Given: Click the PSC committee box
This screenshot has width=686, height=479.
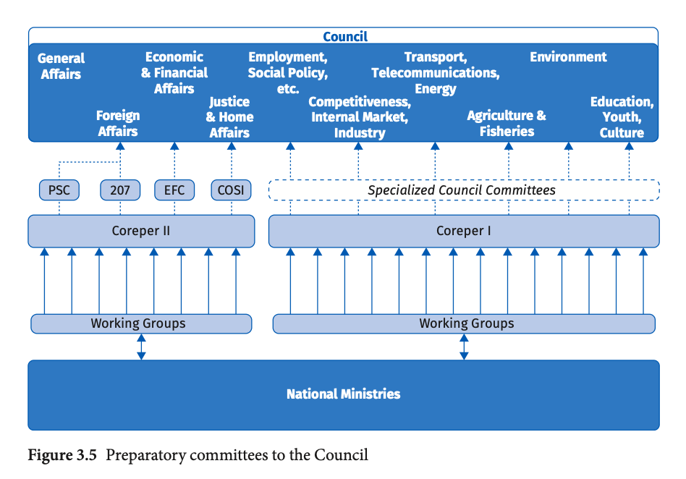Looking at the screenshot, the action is pos(59,190).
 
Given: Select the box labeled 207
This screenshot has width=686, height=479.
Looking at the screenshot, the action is pos(120,190).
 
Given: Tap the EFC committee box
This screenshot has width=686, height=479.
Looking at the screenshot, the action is pos(174,190).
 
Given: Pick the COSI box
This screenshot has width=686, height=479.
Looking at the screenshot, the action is pos(231,190).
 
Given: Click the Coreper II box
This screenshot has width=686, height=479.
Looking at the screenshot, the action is pos(141,231).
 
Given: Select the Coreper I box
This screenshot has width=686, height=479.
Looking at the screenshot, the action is pos(464,231).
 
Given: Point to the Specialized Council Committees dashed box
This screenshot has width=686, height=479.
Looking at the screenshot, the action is pos(464,190).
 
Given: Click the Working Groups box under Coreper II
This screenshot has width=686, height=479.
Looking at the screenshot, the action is pos(141,323).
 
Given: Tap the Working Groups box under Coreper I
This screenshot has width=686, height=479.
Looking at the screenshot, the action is pos(464,323).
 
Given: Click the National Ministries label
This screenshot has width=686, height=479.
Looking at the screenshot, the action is pos(344,394).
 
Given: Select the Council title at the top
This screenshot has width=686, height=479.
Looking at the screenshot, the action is pos(345,36).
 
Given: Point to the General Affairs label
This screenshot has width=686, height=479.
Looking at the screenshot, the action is pos(61,66).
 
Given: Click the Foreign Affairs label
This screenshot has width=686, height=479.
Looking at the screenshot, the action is pos(118,123).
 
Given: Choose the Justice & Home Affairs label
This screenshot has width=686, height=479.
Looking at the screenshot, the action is pos(229,117).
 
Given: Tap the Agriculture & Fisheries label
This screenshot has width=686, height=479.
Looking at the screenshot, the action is pos(507,123).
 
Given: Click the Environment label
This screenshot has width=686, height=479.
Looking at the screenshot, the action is pos(568,57).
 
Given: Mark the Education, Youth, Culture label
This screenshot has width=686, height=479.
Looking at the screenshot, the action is pos(622,117).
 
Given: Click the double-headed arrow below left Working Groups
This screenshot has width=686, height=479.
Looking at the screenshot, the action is pos(141,347).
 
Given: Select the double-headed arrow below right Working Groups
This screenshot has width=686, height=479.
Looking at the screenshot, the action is pos(464,347).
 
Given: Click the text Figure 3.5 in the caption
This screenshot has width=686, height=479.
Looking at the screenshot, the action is pos(62,455).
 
